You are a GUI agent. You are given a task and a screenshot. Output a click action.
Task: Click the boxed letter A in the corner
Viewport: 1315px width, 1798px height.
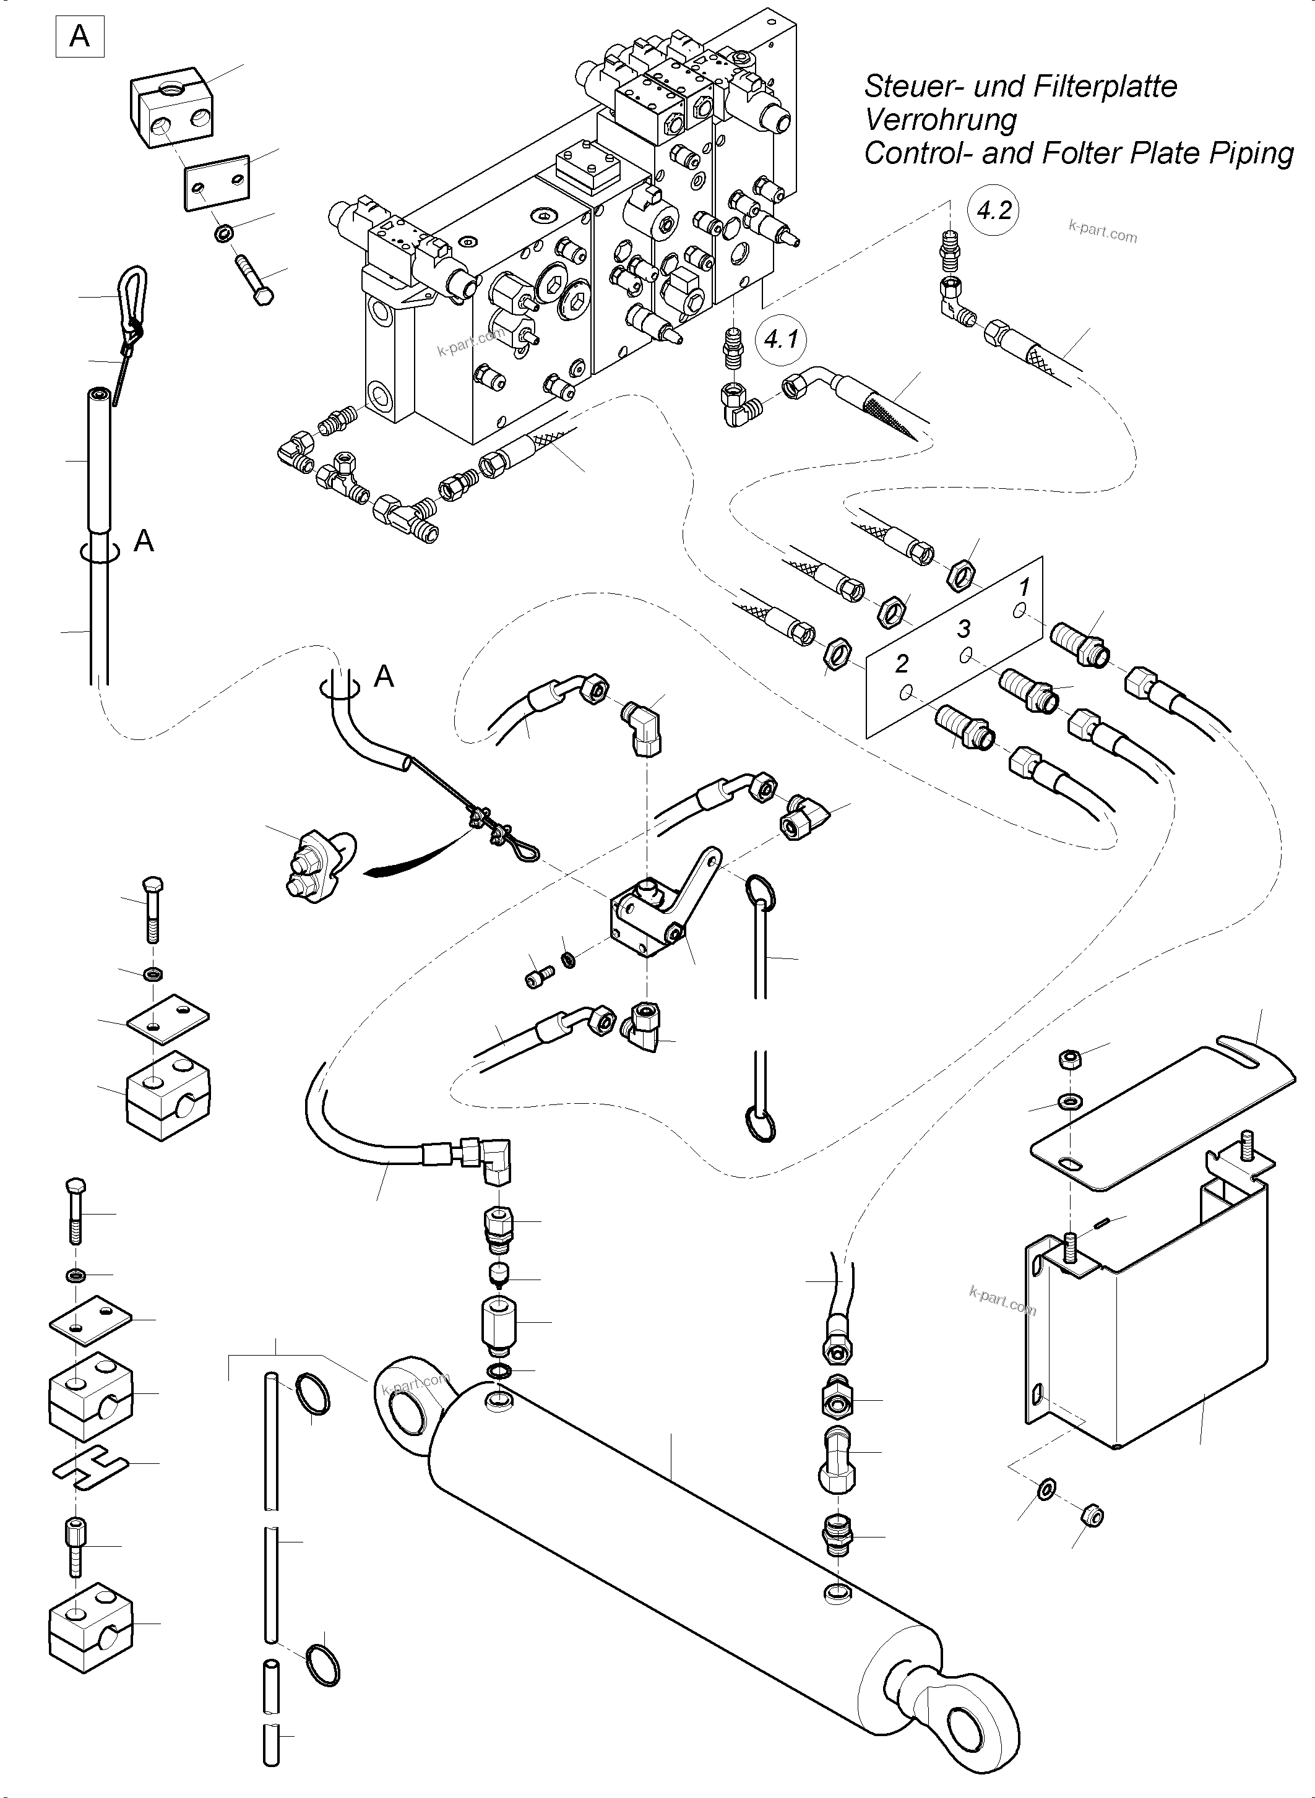click(80, 37)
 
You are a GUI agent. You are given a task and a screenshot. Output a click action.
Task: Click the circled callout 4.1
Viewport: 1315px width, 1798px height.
click(781, 340)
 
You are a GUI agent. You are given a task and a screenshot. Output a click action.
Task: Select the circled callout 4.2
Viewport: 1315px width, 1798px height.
click(993, 211)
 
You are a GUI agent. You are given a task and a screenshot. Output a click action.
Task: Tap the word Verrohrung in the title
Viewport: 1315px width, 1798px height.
click(940, 119)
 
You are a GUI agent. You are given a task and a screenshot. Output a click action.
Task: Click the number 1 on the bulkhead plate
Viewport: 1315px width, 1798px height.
click(1024, 587)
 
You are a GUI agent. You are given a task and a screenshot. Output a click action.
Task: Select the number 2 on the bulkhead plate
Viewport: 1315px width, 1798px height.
click(902, 663)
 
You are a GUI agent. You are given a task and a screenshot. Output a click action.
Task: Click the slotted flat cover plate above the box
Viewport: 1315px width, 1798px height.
click(1162, 1106)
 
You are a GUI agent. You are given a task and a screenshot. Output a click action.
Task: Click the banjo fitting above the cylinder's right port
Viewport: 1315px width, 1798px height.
click(837, 1455)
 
